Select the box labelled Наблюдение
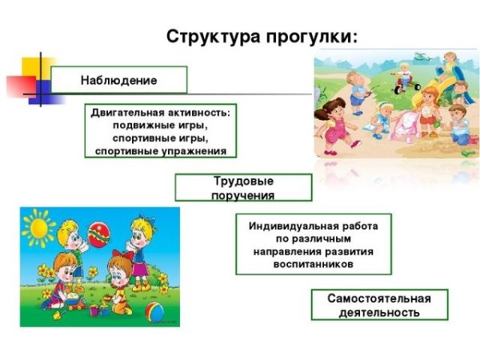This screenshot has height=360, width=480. tap(118, 80)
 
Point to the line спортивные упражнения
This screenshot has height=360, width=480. tap(160, 150)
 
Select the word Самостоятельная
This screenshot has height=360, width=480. tap(378, 298)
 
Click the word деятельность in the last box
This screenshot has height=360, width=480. tap(378, 313)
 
